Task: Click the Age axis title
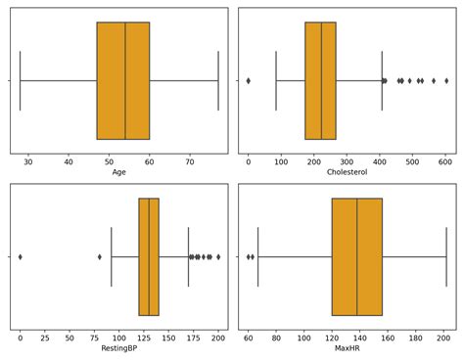119,172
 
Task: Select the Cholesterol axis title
347,172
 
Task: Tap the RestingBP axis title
119,348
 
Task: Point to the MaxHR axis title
347,348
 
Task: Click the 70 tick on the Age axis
190,161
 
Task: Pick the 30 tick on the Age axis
28,161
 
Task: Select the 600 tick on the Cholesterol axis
445,161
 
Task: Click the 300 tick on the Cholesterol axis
347,161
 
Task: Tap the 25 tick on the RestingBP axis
45,337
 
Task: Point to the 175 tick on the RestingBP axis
193,337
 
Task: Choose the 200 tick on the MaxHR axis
443,337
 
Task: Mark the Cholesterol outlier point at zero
249,80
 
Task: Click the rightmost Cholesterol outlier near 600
446,80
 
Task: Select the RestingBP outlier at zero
21,256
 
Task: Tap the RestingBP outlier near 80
99,256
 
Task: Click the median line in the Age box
125,80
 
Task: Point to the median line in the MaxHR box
356,256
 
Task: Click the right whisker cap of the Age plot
218,80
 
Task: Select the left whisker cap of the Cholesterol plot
276,80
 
